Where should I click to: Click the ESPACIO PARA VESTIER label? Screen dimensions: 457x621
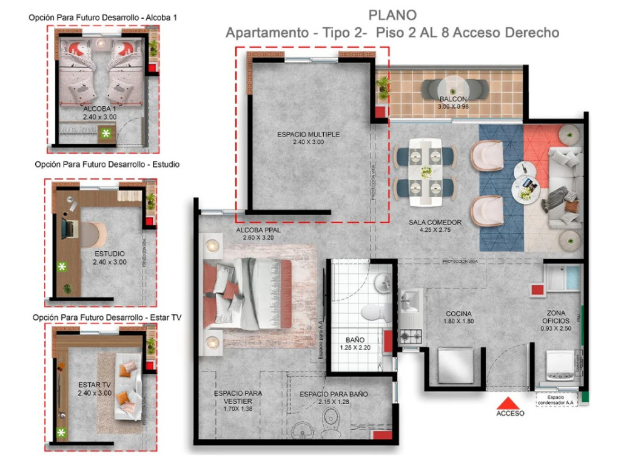[x=238, y=397]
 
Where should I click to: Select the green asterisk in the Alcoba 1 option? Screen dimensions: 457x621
[x=107, y=133]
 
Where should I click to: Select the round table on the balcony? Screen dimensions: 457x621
[x=453, y=87]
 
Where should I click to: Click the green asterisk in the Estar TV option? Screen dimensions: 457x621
[x=61, y=433]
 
